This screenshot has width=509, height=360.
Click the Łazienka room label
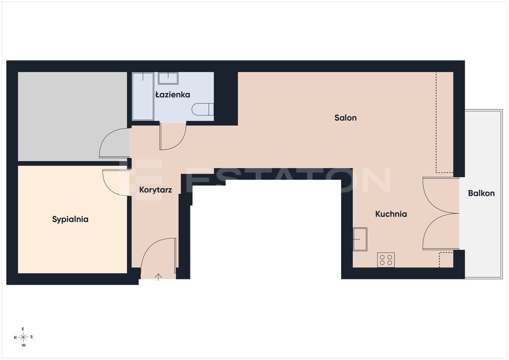[x=172, y=95]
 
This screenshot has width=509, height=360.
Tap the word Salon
[x=345, y=117]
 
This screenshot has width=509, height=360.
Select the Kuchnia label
[x=391, y=214]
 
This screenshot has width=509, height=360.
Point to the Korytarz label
[x=156, y=190]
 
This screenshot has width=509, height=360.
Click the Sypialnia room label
[x=70, y=219]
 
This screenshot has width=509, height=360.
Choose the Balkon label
[x=481, y=193]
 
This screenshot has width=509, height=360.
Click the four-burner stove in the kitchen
[x=386, y=260]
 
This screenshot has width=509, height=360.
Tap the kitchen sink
[x=360, y=239]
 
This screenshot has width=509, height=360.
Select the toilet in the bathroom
[x=203, y=109]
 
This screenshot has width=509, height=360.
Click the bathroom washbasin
[x=168, y=78]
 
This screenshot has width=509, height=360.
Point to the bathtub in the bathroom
[x=143, y=96]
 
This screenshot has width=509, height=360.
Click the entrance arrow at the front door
[x=158, y=277]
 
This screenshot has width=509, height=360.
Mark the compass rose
[x=23, y=337]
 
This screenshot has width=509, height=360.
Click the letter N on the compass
[x=15, y=338]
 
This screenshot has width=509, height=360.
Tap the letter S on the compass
[x=31, y=337]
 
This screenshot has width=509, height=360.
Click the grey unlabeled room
[x=72, y=116]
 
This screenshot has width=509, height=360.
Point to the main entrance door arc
[x=153, y=247]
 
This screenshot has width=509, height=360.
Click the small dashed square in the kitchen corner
[x=446, y=260]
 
